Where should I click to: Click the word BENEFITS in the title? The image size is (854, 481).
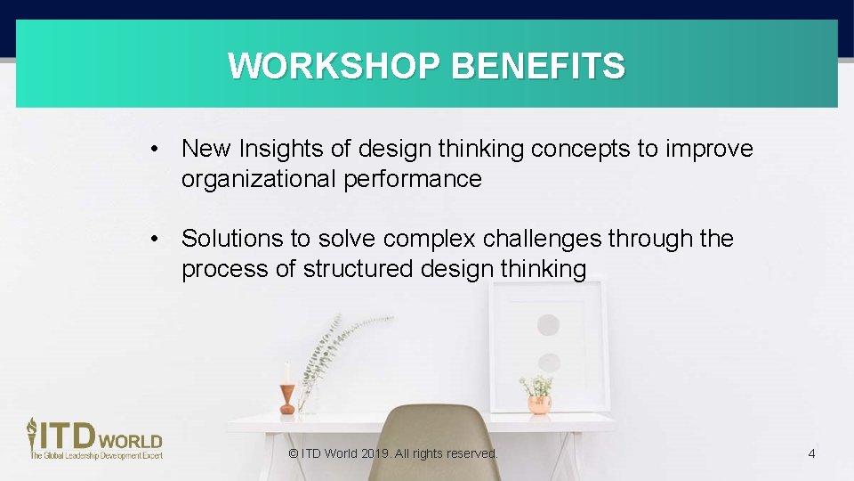coord(538,66)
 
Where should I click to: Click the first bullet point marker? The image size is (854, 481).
coord(155,149)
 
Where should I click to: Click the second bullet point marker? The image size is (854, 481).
coord(155,239)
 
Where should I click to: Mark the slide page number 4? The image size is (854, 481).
coord(811,454)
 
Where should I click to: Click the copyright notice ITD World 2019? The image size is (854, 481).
coord(393,453)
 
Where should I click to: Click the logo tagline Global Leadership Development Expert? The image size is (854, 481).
coord(97,455)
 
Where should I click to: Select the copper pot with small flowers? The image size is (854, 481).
coord(538,402)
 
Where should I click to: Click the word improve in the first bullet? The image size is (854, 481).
coord(708,149)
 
